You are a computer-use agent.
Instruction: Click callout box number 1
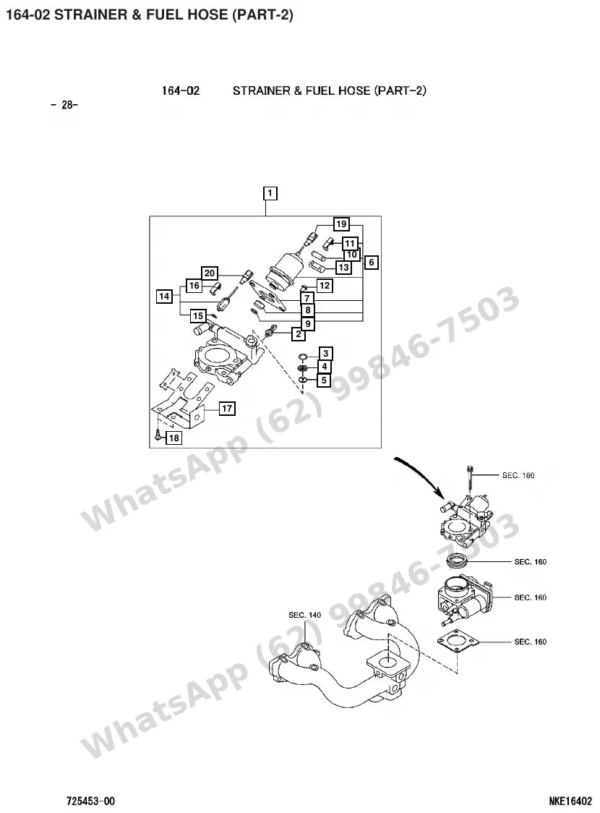[x=270, y=193]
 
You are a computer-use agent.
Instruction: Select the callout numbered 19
[x=341, y=224]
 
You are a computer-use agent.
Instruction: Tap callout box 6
[x=372, y=263]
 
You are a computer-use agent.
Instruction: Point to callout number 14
[x=164, y=296]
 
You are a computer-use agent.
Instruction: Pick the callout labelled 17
[x=227, y=409]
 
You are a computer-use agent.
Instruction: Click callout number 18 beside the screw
[x=174, y=438]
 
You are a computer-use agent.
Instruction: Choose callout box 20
[x=210, y=273]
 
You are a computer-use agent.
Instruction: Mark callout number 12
[x=325, y=286]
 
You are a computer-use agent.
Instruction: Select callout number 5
[x=325, y=380]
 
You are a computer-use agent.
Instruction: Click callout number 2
[x=299, y=334]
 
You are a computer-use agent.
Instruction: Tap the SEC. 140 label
[x=304, y=615]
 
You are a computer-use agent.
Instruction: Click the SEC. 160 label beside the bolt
[x=518, y=475]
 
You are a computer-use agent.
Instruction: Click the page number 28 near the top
[x=64, y=105]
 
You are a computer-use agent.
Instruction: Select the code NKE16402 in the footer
[x=570, y=801]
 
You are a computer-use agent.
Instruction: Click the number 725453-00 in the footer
[x=90, y=801]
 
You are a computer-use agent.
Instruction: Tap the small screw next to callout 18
[x=158, y=435]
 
